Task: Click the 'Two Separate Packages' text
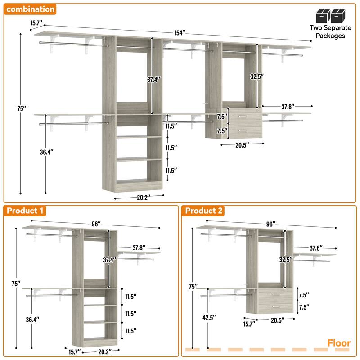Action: tap(327, 31)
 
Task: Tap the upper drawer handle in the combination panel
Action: tap(243, 117)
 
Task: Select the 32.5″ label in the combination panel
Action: tap(256, 76)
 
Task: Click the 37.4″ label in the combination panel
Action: tap(153, 80)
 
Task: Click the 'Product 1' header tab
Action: tap(26, 211)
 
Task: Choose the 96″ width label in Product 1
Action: tap(95, 224)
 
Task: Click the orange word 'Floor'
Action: tap(339, 343)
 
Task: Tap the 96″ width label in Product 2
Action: tap(271, 224)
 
